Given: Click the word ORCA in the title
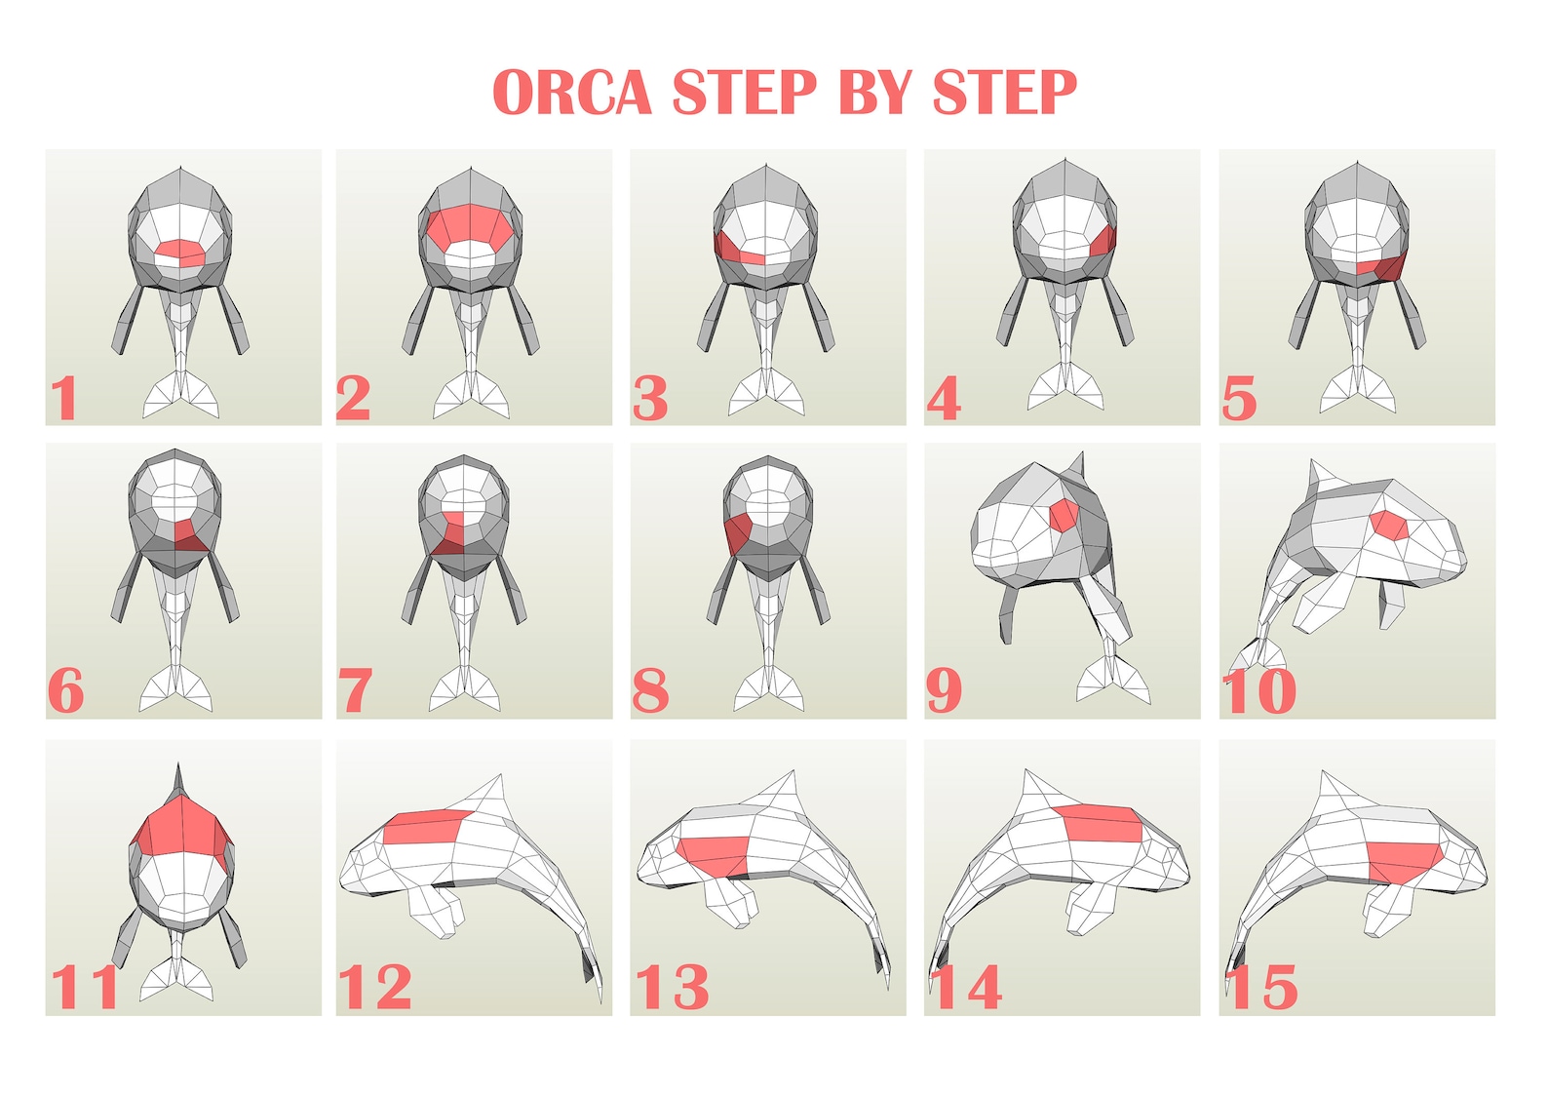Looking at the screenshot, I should coord(572,93).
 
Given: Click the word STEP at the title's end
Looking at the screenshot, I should coord(1004,93).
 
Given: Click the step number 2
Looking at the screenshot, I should coord(353,397).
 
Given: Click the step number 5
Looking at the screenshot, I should coord(1239,398).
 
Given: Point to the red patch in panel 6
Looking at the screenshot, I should coord(186,535).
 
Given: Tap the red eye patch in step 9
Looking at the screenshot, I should coord(1063,514).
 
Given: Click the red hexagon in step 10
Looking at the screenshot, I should coord(1389,525).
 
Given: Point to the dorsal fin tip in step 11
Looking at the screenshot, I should coord(178,770).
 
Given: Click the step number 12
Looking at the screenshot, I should coord(375,987).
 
